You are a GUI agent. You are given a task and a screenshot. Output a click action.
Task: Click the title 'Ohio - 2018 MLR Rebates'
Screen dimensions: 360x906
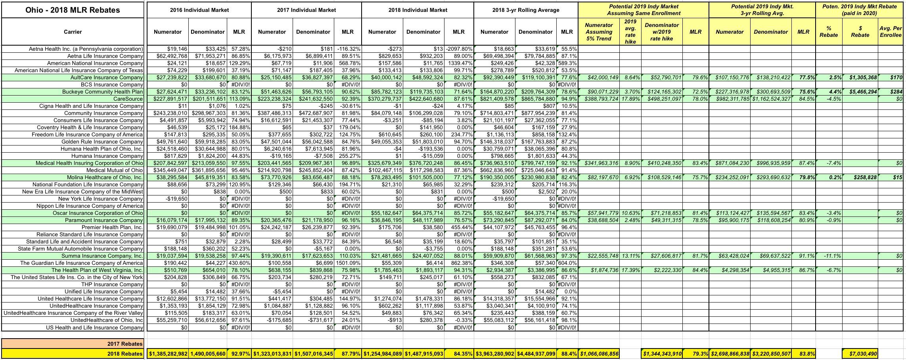coord(73,10)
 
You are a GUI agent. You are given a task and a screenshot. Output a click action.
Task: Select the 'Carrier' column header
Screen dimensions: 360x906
coord(73,32)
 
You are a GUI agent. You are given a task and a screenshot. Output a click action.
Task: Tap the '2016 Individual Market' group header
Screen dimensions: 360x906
coord(199,10)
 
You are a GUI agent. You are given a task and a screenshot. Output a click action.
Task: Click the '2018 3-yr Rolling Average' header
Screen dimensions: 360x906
coord(526,10)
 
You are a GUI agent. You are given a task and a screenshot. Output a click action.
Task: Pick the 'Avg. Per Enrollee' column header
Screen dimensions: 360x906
coord(891,32)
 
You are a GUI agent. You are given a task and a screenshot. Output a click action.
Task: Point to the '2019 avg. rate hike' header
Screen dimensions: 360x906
coord(630,32)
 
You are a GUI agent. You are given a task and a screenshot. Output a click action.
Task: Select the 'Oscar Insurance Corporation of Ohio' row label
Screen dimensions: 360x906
coord(98,213)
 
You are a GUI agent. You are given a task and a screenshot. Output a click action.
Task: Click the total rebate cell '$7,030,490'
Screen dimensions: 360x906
coord(860,354)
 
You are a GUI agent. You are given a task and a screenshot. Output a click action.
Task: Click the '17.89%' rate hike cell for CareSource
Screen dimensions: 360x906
coord(630,99)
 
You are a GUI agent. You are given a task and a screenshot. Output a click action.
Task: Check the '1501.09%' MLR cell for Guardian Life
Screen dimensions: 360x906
coord(348,263)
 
